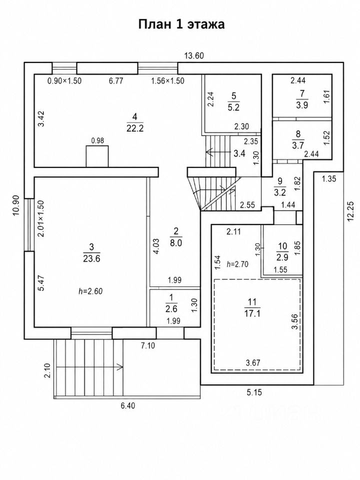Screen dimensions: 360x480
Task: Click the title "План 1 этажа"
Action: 181,24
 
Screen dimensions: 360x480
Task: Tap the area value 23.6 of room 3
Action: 91,258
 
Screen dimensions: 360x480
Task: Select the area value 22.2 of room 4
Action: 135,128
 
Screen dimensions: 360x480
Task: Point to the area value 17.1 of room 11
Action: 252,313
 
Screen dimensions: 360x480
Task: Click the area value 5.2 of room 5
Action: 233,107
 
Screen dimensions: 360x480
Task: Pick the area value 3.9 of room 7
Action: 302,105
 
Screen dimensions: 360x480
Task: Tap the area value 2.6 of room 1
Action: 171,309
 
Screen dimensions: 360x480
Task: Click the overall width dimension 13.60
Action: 194,55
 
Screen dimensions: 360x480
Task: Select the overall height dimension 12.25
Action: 351,211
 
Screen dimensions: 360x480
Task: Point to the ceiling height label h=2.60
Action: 90,291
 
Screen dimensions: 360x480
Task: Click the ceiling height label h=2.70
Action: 237,264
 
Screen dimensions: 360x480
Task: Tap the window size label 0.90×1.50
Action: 64,81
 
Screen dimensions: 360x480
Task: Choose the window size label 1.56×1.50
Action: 168,81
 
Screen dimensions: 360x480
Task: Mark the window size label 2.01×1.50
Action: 40,218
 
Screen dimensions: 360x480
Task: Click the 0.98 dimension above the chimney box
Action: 97,140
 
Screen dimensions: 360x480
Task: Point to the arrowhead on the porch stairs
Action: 120,366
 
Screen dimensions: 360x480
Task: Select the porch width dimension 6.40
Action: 127,405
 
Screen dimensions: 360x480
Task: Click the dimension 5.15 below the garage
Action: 254,392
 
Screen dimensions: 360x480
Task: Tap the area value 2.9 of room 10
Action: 282,257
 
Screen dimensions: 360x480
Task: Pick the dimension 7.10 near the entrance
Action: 148,346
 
